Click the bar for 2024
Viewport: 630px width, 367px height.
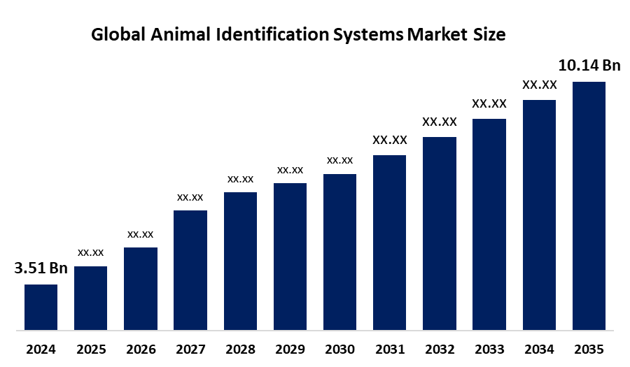click(41, 306)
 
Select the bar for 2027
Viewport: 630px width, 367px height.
click(190, 269)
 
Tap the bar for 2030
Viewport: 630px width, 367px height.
click(339, 251)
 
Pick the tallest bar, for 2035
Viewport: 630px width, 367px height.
click(589, 205)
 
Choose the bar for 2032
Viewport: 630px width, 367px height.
click(439, 233)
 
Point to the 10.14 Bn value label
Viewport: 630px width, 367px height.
click(589, 66)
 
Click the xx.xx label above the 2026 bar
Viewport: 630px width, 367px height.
click(140, 233)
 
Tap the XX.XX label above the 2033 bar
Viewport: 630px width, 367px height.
click(489, 103)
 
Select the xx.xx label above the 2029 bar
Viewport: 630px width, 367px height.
click(290, 170)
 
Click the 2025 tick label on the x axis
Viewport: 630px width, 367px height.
click(90, 349)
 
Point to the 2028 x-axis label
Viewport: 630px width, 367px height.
click(240, 349)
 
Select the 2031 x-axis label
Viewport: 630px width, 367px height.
click(389, 349)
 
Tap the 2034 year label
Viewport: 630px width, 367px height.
click(539, 349)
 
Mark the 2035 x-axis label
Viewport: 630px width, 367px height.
click(589, 349)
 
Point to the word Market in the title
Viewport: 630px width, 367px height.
click(433, 34)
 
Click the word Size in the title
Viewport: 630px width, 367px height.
click(488, 34)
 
